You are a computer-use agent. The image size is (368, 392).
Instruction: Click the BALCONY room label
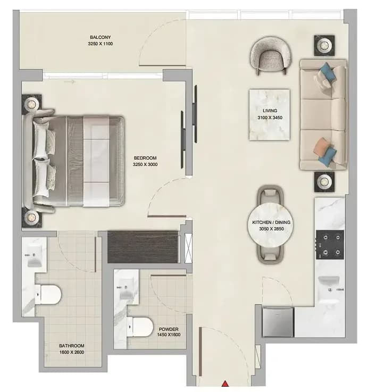(101, 37)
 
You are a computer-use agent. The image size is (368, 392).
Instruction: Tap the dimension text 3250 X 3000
(145, 164)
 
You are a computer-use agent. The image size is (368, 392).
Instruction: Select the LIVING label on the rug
(270, 111)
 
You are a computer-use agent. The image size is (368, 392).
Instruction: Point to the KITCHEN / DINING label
(271, 222)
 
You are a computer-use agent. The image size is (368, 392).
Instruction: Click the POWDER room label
(169, 329)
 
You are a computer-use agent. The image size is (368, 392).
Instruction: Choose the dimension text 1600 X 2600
(71, 352)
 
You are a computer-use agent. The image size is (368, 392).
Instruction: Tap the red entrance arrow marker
(225, 383)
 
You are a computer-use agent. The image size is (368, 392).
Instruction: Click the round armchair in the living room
(271, 55)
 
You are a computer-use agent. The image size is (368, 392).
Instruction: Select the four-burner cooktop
(330, 245)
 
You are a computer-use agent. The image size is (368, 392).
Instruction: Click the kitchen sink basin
(329, 282)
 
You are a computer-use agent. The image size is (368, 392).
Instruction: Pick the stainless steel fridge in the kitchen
(278, 322)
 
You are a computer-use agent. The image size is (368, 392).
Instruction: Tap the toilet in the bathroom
(48, 294)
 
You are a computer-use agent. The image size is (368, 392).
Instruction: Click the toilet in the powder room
(140, 327)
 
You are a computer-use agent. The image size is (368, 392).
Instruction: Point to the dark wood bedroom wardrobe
(143, 247)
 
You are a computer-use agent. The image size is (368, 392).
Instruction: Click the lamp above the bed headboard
(31, 103)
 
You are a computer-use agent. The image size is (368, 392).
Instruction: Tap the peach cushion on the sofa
(322, 147)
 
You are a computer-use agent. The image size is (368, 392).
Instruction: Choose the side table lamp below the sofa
(324, 182)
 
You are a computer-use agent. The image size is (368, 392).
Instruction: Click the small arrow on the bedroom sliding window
(70, 82)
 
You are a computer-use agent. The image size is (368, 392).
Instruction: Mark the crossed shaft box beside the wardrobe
(188, 248)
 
